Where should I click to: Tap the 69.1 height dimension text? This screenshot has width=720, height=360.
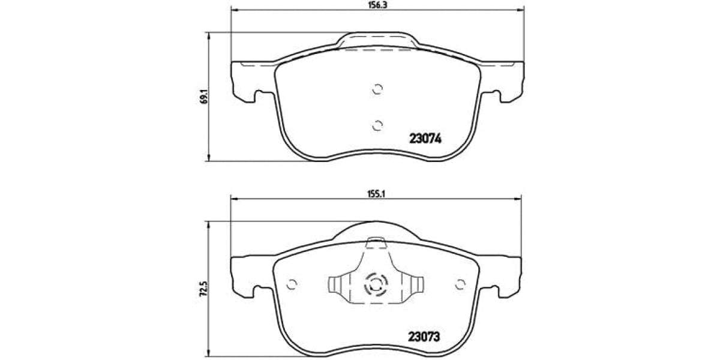point(204,97)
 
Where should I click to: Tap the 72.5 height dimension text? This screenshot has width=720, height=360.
point(204,292)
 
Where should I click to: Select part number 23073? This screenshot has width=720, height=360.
point(425,337)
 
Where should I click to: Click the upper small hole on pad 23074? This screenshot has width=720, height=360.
point(377,89)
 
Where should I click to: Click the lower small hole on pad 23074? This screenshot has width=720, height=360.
point(377,125)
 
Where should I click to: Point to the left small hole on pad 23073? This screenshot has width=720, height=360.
point(293,284)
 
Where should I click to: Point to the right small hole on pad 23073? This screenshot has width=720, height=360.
point(461,284)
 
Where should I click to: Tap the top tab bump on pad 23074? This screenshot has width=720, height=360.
point(377,41)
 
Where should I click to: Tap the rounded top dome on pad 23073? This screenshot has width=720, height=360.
point(377,231)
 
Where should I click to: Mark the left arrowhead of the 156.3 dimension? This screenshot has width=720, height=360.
point(235,10)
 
